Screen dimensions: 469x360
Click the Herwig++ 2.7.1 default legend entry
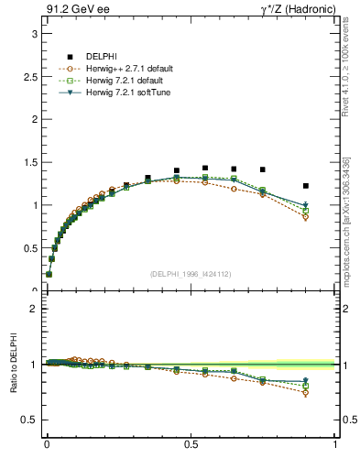point(128,69)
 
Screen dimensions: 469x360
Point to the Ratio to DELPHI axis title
point(12,365)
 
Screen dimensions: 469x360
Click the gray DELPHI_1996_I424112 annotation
point(191,273)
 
